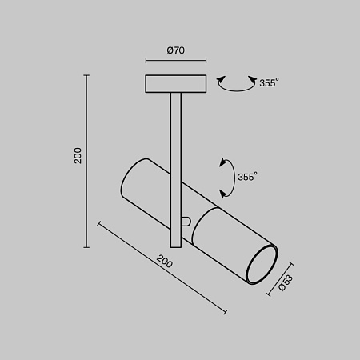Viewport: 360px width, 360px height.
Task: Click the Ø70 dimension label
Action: click(176, 50)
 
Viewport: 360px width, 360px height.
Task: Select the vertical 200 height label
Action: click(78, 156)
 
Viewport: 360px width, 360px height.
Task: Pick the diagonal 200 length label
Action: click(164, 261)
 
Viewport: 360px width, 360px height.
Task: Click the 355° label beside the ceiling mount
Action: click(270, 82)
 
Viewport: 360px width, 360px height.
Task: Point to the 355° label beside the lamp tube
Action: click(247, 177)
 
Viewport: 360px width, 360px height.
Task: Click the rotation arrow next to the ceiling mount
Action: click(234, 83)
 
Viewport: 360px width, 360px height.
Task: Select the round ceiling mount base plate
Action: click(176, 83)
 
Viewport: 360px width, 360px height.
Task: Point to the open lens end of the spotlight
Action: click(260, 266)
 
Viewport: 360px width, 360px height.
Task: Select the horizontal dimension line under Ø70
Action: click(176, 61)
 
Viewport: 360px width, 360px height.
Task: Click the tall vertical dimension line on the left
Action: click(87, 160)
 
